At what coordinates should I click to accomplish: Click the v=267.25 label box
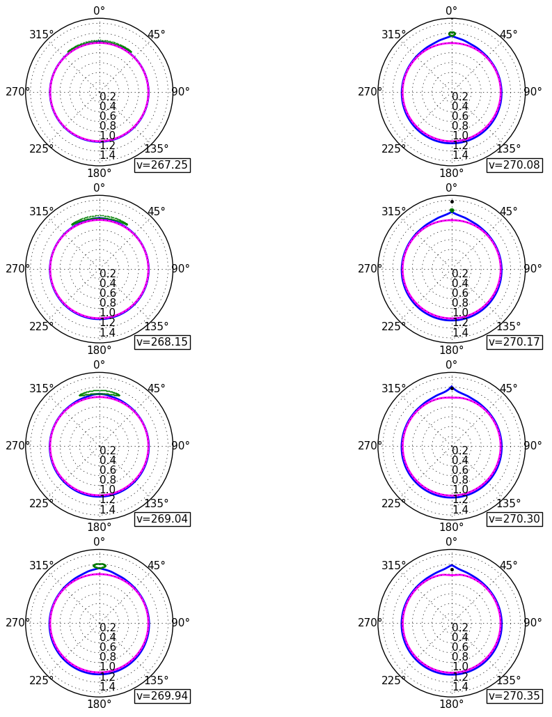pyautogui.click(x=162, y=165)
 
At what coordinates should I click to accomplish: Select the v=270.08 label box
pyautogui.click(x=514, y=165)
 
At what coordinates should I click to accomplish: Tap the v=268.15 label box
pyautogui.click(x=162, y=342)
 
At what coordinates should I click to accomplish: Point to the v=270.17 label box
pyautogui.click(x=514, y=342)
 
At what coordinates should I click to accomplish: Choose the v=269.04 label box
pyautogui.click(x=162, y=519)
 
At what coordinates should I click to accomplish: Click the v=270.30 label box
pyautogui.click(x=514, y=519)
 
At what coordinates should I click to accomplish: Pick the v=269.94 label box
pyautogui.click(x=162, y=696)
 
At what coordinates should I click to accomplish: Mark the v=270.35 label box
pyautogui.click(x=514, y=696)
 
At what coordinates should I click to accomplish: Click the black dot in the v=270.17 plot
pyautogui.click(x=452, y=201)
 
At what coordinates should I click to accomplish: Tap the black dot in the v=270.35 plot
pyautogui.click(x=452, y=569)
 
